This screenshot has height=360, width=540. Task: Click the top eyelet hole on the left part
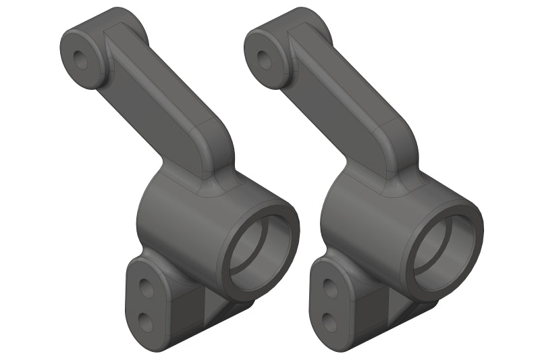click(x=81, y=58)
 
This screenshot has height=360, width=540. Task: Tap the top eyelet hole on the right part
click(x=265, y=58)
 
